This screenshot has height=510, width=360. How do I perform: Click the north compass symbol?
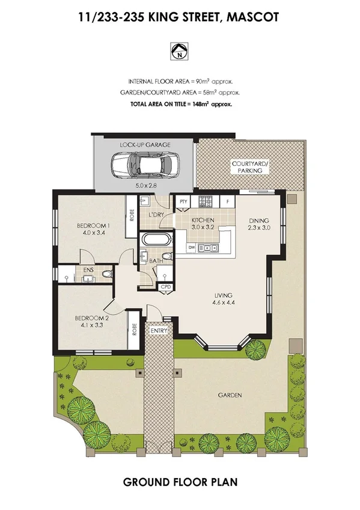pyautogui.click(x=179, y=52)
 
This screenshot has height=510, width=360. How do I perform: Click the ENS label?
pyautogui.click(x=88, y=271)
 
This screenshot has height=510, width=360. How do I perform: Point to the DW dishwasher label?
pyautogui.click(x=191, y=247)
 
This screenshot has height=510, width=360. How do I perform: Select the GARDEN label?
pyautogui.click(x=230, y=395)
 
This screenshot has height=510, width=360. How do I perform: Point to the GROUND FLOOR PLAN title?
pyautogui.click(x=179, y=482)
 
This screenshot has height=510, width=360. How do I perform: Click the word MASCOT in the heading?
pyautogui.click(x=254, y=19)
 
